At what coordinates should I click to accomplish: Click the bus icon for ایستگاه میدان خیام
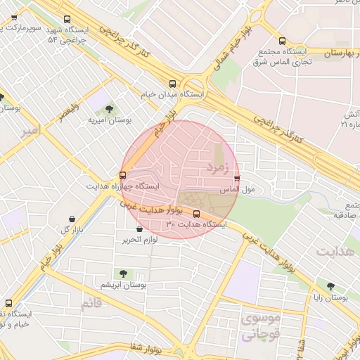(x=173, y=82)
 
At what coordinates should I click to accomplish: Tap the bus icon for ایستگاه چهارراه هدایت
(x=123, y=175)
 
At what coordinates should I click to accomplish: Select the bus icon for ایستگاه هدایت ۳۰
(x=196, y=214)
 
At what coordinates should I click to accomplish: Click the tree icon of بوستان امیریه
(x=109, y=109)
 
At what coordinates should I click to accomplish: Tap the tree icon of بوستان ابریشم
(x=124, y=273)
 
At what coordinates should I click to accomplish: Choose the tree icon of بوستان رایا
(x=330, y=286)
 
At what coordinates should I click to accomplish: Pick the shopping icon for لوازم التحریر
(x=139, y=229)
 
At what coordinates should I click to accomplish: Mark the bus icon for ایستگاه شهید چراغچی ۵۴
(x=67, y=20)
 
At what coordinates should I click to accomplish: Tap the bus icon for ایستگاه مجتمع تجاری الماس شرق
(x=282, y=41)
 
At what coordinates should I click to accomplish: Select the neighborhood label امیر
(x=31, y=131)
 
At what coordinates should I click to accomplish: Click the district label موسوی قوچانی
(x=259, y=327)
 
